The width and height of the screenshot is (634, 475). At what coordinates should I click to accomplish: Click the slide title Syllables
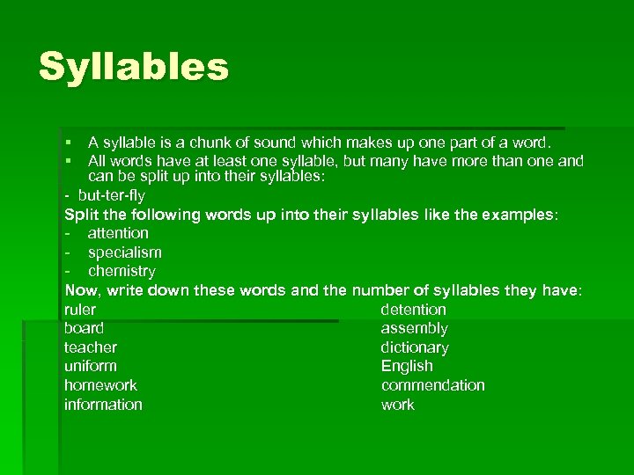click(133, 67)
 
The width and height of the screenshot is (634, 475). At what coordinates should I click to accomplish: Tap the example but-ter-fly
click(112, 195)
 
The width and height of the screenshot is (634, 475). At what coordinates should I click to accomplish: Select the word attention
click(118, 233)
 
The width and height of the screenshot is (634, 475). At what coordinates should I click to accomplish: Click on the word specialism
click(124, 252)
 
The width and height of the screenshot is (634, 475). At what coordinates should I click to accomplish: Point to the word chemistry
click(122, 271)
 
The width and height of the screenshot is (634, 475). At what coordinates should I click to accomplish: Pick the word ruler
click(80, 310)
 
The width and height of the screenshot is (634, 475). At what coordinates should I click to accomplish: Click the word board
click(84, 328)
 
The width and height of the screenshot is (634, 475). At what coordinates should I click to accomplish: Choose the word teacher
click(90, 347)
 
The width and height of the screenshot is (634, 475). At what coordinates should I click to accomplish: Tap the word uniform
click(90, 366)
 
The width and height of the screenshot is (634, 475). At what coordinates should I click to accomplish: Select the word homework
click(100, 385)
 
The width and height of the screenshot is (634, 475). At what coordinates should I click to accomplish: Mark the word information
click(103, 405)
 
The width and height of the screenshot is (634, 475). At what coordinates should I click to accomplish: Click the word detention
click(413, 310)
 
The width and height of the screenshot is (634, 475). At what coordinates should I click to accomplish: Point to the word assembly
click(414, 328)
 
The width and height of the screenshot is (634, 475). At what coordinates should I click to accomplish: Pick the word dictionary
click(415, 347)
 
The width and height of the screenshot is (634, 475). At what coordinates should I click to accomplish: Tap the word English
click(407, 366)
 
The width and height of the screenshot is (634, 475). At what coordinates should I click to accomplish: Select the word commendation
click(432, 385)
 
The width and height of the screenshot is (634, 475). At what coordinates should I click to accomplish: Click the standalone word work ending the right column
click(397, 405)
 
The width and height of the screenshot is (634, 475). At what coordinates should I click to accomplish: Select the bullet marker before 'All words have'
click(68, 161)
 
